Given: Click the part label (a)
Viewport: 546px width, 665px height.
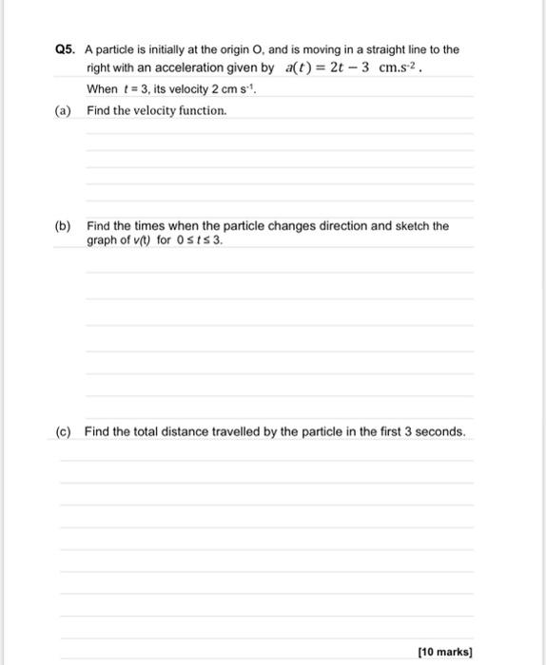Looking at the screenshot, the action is pos(64,110).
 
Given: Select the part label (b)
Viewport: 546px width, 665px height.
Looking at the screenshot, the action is pos(64,226).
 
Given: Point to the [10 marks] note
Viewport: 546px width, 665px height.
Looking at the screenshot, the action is pos(445,652).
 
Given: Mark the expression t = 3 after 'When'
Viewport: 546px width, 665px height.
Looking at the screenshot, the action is pos(131,89).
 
